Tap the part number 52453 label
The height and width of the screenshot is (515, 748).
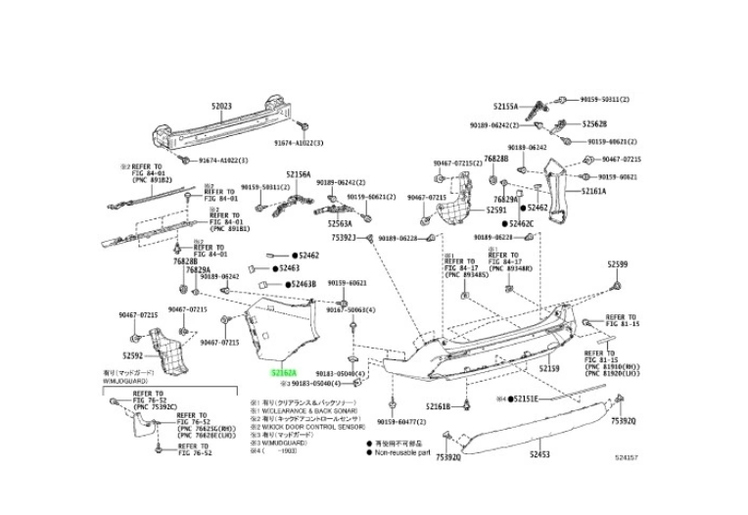pyautogui.click(x=540, y=455)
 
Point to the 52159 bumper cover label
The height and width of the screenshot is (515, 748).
pyautogui.click(x=549, y=368)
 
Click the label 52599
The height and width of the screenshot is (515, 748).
pyautogui.click(x=618, y=264)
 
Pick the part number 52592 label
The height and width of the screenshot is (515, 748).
pyautogui.click(x=133, y=355)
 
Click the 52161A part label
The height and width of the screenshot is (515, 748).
pyautogui.click(x=593, y=192)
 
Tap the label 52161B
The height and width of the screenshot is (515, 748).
pyautogui.click(x=437, y=404)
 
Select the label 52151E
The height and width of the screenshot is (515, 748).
pyautogui.click(x=525, y=399)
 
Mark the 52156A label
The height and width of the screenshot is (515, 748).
pyautogui.click(x=298, y=174)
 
